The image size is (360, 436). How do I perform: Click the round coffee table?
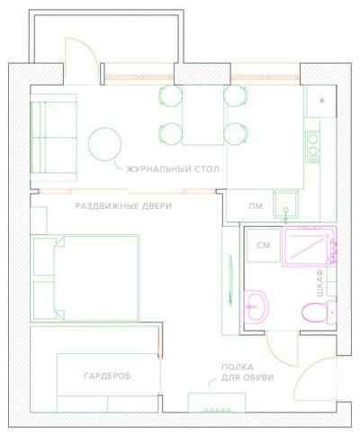(x=105, y=144)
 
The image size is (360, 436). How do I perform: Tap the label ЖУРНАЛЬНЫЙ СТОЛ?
(x=173, y=168)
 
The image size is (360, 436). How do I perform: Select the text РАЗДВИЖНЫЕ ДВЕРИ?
(x=123, y=206)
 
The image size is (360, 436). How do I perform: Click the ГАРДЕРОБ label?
(x=107, y=376)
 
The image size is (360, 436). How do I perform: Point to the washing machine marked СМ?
(x=264, y=245)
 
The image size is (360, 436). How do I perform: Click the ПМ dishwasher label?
(x=256, y=206)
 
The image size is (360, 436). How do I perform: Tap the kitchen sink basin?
(x=285, y=204)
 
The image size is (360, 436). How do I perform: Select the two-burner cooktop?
(x=313, y=147)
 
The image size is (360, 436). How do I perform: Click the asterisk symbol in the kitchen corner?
(x=322, y=101)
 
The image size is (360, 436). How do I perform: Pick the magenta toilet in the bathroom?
(x=319, y=313)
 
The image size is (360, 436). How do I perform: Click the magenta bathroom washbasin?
(x=256, y=307)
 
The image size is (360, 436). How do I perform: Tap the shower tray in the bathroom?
(x=309, y=247)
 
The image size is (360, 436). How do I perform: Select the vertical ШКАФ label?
(x=320, y=283)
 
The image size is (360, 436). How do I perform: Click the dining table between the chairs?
(x=203, y=115)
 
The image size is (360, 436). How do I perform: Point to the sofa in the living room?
(x=54, y=138)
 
